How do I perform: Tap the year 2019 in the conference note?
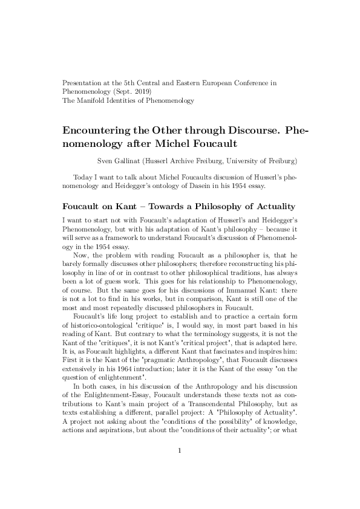tap(143, 91)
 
